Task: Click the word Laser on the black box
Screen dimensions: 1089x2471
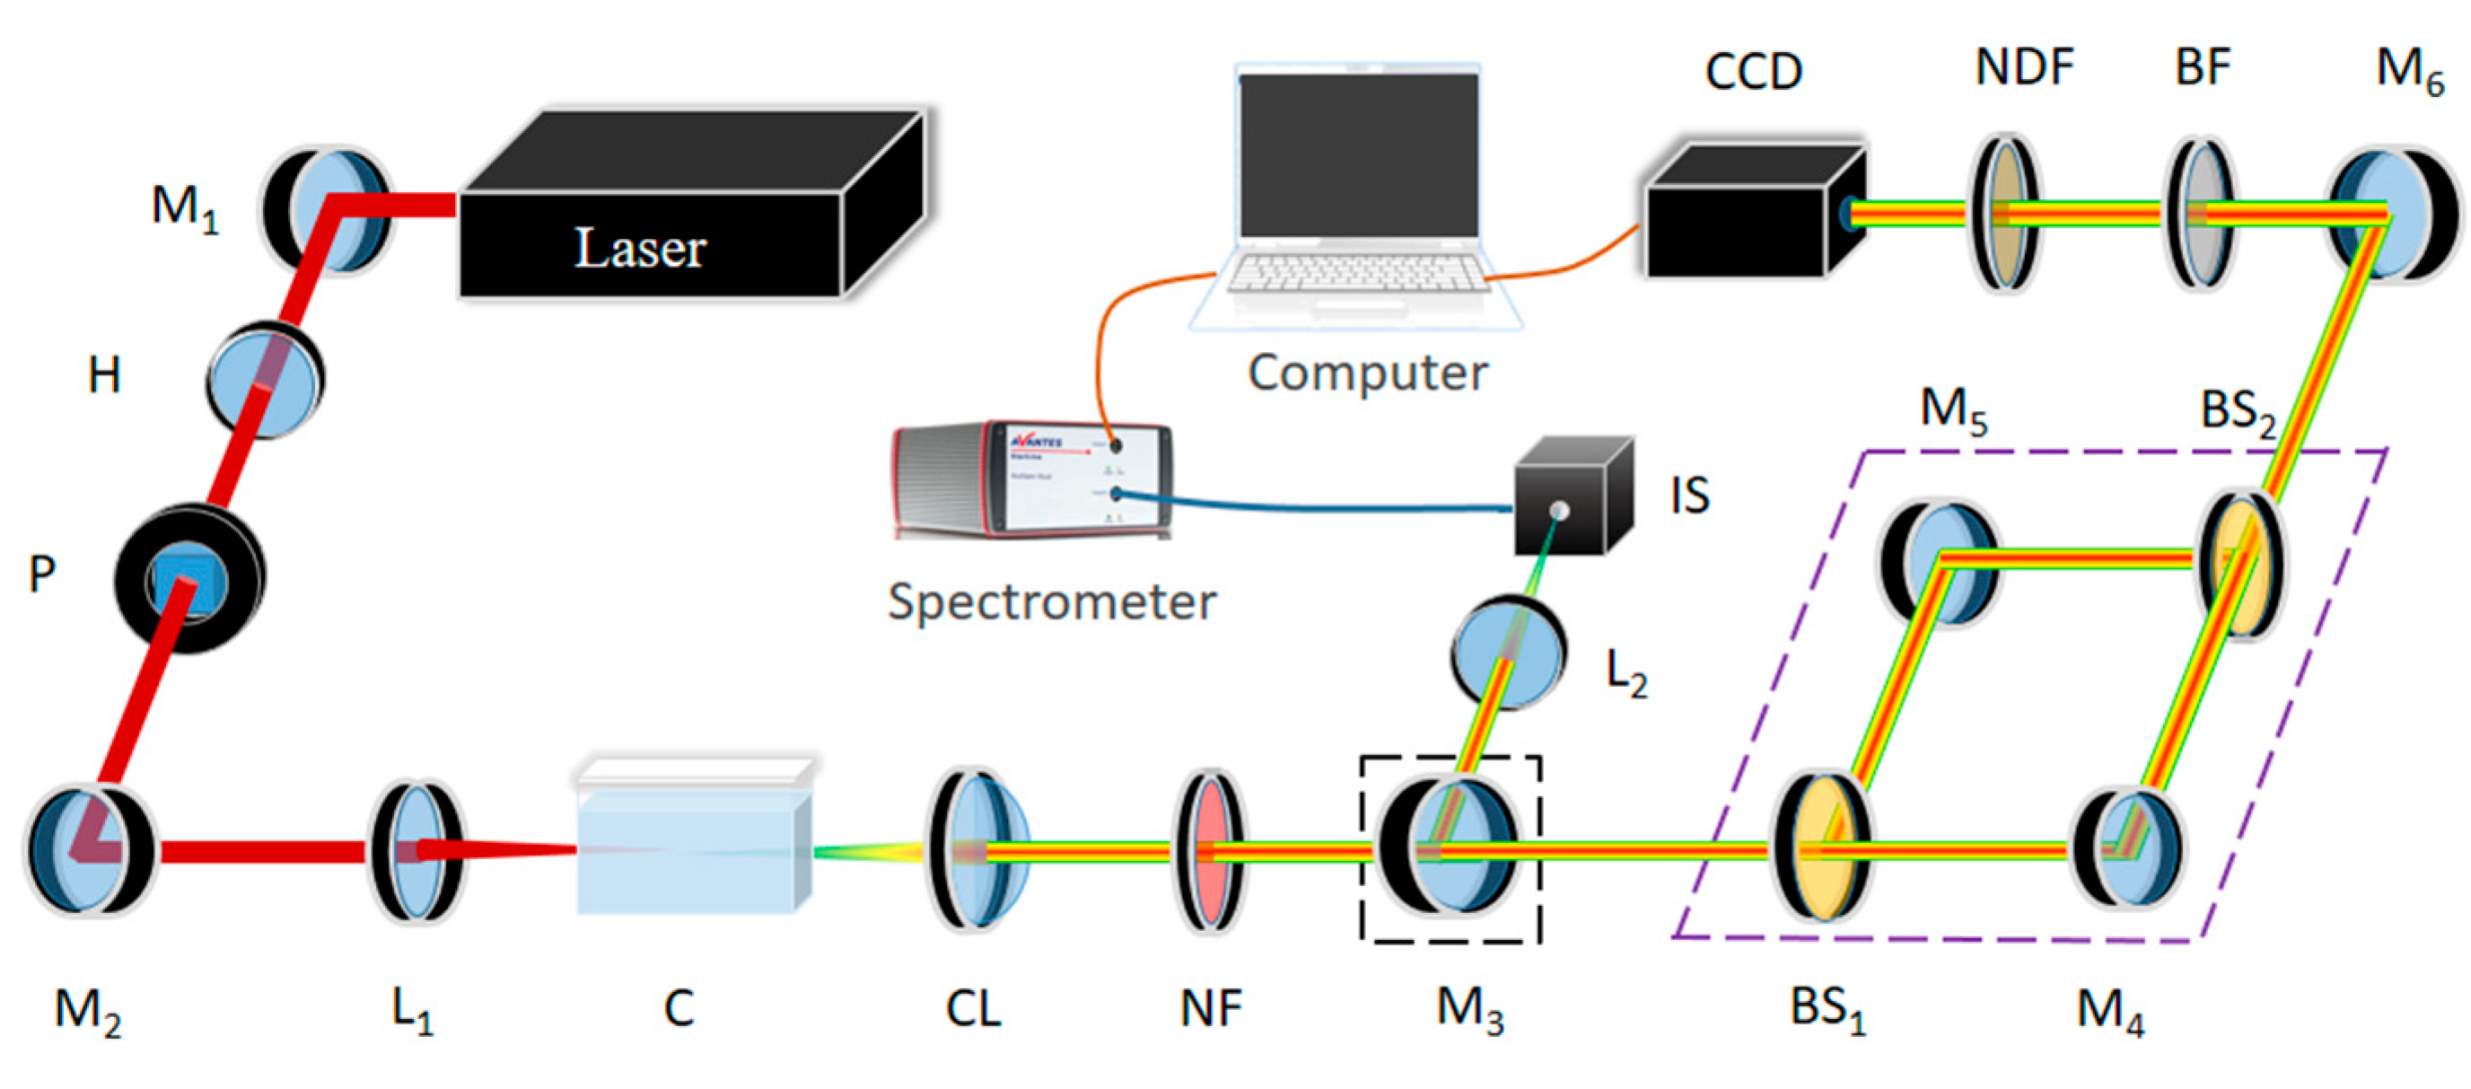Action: tap(640, 249)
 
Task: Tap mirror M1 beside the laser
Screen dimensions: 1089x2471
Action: tap(329, 210)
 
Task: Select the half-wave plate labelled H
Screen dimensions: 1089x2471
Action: tap(266, 380)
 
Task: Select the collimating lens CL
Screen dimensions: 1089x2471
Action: tap(976, 850)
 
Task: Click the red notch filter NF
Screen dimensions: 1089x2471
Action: tap(1212, 850)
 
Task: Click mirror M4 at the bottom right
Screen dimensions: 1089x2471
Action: tap(2130, 848)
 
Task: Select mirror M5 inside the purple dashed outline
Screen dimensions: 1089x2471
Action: tap(1940, 561)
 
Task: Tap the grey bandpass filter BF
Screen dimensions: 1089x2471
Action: tap(2202, 213)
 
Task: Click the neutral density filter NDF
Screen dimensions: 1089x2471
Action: tap(2005, 213)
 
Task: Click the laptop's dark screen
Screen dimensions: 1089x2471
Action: tap(1359, 154)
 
